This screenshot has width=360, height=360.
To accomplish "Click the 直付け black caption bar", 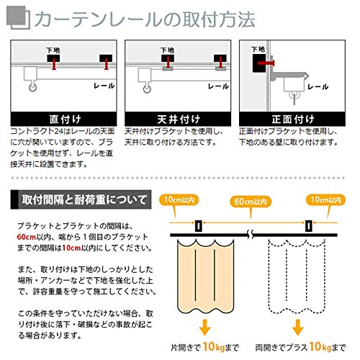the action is (63, 119).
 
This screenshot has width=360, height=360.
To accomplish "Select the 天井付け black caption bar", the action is (178, 119).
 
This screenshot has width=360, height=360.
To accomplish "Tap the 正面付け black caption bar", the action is (292, 119).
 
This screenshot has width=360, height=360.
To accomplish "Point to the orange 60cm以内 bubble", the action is (251, 202).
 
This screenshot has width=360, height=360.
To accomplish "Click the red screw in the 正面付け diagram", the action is (266, 63).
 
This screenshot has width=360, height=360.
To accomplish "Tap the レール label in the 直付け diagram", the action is (104, 86).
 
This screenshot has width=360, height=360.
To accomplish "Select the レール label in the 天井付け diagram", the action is (218, 86).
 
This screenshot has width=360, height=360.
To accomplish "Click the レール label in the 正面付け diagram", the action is (318, 87).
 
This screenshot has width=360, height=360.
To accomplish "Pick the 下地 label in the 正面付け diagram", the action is (258, 50).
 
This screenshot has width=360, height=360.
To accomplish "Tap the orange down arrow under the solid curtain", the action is (204, 327).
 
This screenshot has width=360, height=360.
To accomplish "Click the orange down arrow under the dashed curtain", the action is (298, 327).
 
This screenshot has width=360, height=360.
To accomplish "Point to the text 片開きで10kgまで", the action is (204, 347).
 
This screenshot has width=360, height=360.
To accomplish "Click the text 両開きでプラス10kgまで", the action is (300, 347).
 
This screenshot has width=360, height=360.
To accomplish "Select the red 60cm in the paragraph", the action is (27, 237).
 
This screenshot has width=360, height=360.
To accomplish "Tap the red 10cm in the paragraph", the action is (71, 248).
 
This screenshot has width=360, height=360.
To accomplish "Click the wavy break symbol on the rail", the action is (251, 235).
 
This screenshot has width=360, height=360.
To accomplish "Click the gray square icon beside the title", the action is (18, 18).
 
